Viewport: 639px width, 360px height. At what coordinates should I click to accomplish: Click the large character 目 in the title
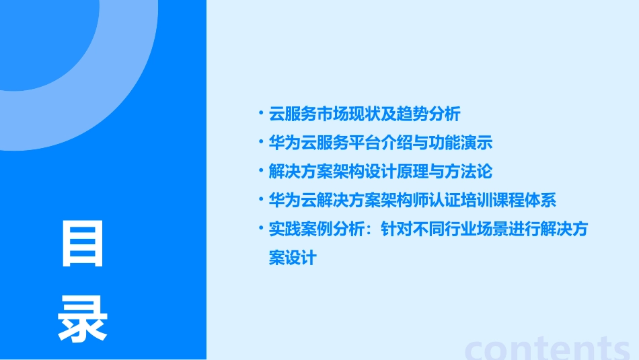click(83, 244)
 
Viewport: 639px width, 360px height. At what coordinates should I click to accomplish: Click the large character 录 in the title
click(83, 320)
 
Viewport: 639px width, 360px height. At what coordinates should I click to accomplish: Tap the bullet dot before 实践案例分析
click(261, 229)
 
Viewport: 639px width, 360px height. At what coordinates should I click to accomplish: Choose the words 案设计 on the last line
click(293, 258)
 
